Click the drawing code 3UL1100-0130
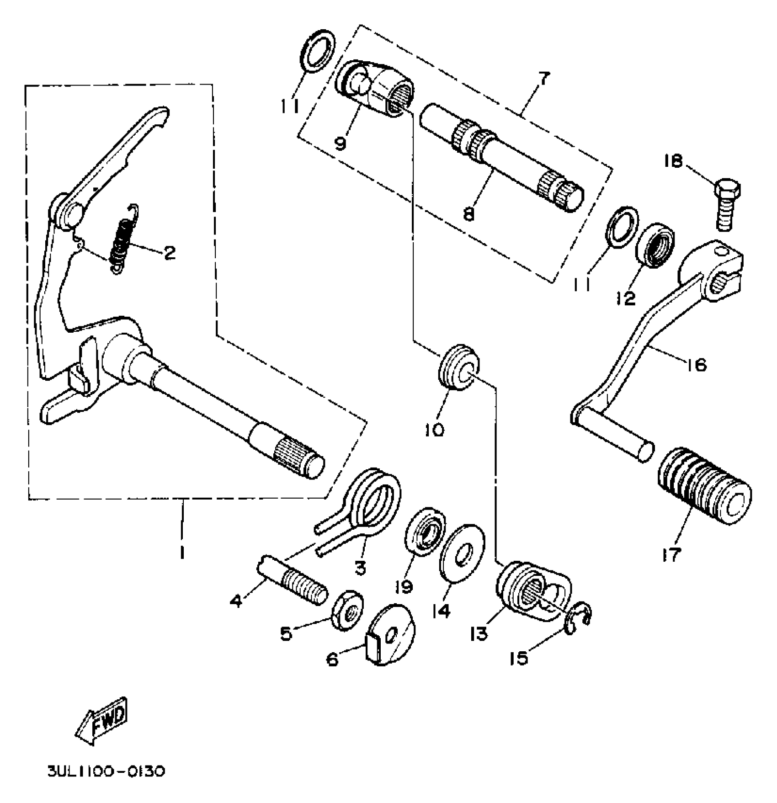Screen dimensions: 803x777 [106, 772]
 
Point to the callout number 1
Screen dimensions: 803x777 [182, 553]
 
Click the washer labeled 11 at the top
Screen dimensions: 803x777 [318, 50]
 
